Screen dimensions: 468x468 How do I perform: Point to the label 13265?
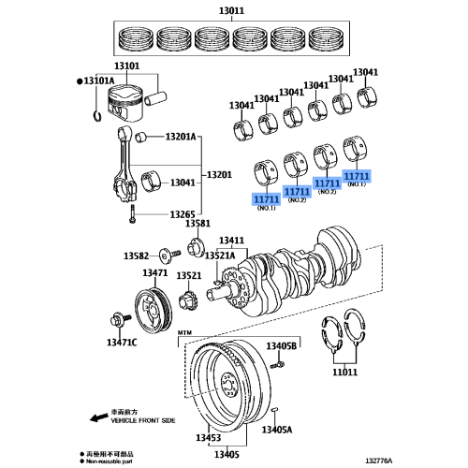pyautogui.click(x=183, y=214)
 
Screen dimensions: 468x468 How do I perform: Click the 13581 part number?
pyautogui.click(x=197, y=225)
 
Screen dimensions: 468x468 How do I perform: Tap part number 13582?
pyautogui.click(x=139, y=256)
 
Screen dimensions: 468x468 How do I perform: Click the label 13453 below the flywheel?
pyautogui.click(x=209, y=438)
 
